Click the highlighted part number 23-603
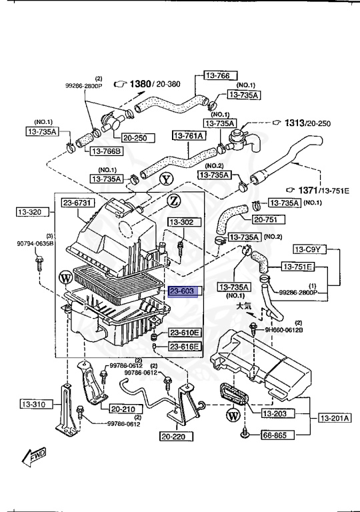coord(181,291)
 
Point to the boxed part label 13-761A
coord(190,136)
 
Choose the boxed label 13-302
coord(181,222)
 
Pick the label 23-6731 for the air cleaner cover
coord(79,203)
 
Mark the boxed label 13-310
coord(33,404)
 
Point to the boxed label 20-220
coord(175,437)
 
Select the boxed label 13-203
coord(273,414)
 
